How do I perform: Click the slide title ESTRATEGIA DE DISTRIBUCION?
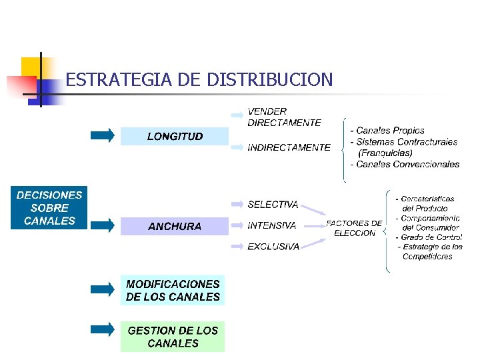(x=199, y=81)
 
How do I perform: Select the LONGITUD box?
(x=175, y=136)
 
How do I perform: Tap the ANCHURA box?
(x=175, y=226)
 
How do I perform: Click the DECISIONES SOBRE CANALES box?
(x=49, y=207)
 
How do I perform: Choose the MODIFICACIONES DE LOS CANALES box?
(x=173, y=291)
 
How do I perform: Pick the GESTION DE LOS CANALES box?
(x=173, y=337)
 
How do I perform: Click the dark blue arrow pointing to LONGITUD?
(x=103, y=135)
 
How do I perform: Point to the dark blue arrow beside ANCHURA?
(x=103, y=225)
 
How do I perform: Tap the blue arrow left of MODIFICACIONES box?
(x=103, y=289)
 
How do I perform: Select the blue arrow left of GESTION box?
(x=103, y=329)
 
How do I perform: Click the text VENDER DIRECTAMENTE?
(x=284, y=117)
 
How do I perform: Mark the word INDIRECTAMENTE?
(x=289, y=147)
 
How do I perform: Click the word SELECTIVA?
(x=273, y=205)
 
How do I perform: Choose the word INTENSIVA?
(x=272, y=225)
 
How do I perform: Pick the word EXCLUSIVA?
(x=273, y=246)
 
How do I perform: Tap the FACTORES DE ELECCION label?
(x=354, y=228)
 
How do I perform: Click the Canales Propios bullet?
(x=391, y=131)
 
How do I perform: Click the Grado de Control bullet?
(x=429, y=237)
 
